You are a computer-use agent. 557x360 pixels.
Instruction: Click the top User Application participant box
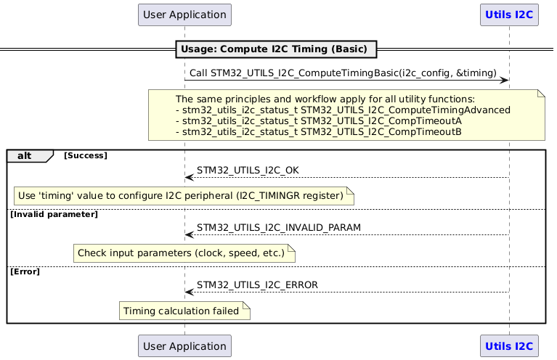tap(184, 15)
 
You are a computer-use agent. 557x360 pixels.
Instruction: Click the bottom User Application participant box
tap(184, 345)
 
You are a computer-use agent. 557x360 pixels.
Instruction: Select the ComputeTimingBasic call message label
tap(343, 73)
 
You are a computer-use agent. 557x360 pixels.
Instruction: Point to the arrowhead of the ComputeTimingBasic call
tap(504, 81)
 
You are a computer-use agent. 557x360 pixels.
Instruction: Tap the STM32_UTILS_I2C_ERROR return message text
tap(257, 285)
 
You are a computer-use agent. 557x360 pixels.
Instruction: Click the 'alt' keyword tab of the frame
tap(25, 155)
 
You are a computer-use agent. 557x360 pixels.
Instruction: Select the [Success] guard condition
tap(86, 155)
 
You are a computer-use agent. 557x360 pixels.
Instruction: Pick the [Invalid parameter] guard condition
tap(54, 214)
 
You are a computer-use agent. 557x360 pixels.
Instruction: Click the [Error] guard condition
tap(25, 271)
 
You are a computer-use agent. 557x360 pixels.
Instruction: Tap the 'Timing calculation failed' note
tap(184, 311)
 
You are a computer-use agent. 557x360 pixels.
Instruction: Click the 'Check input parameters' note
tap(184, 253)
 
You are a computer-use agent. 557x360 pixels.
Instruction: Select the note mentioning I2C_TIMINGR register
tap(184, 195)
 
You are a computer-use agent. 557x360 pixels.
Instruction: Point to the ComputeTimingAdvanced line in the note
tap(343, 110)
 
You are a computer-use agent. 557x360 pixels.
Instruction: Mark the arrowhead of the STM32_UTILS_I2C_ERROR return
tap(189, 292)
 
